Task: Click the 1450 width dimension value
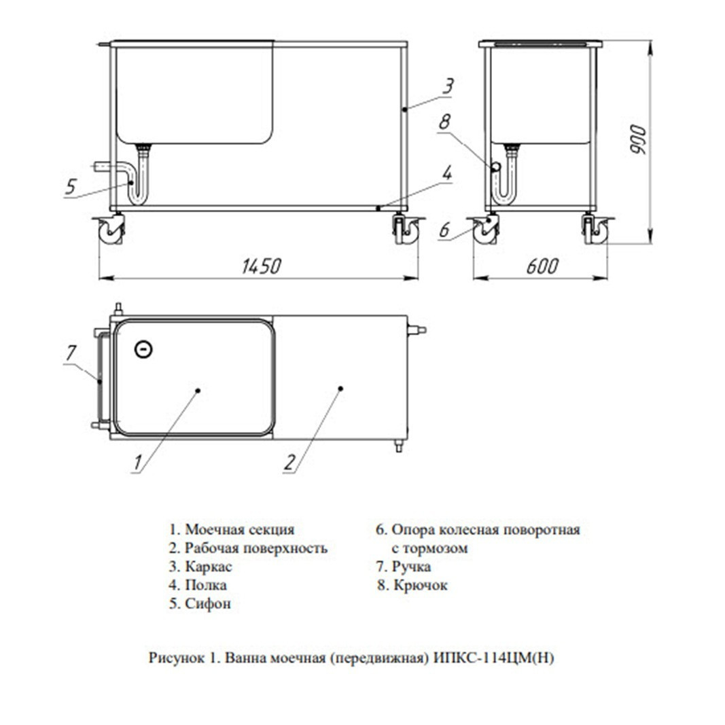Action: click(x=261, y=266)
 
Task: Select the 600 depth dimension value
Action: click(x=542, y=266)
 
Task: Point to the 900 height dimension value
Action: click(x=639, y=139)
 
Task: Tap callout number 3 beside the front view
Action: click(x=447, y=86)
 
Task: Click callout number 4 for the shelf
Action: click(x=447, y=173)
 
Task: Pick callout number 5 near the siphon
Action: click(x=70, y=187)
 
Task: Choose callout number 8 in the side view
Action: click(x=444, y=122)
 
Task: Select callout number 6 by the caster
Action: click(x=444, y=230)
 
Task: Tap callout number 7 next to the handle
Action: click(x=71, y=353)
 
